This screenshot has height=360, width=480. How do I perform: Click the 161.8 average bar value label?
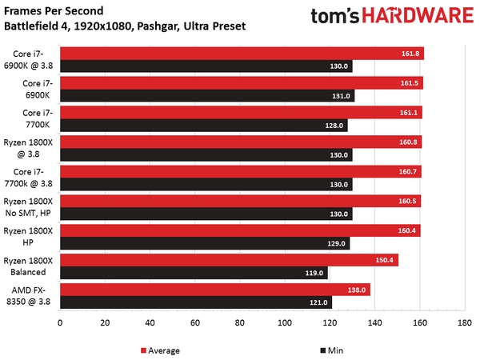click(x=410, y=54)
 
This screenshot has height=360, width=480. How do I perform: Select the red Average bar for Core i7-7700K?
click(x=240, y=113)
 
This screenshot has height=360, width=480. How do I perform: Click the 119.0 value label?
click(x=315, y=273)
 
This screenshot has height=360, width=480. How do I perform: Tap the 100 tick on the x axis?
click(x=284, y=323)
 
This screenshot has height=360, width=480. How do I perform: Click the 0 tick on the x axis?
click(x=60, y=323)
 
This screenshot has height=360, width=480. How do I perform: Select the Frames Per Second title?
click(x=54, y=10)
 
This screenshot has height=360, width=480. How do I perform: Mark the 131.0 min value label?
click(x=342, y=95)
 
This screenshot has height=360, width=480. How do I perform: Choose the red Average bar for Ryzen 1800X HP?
click(x=240, y=231)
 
